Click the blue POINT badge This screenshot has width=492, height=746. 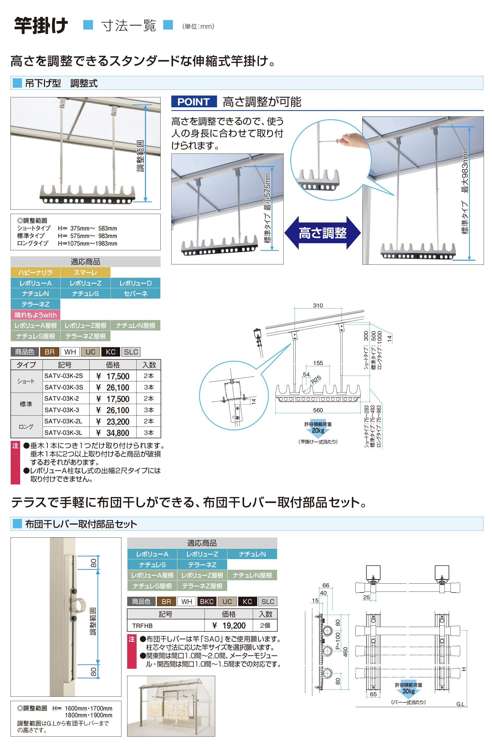coord(194,102)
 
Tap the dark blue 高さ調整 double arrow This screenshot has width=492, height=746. coord(322,233)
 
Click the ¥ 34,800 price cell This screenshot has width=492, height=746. coord(113,433)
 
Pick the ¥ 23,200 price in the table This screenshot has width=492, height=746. coord(113,422)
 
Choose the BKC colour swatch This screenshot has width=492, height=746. coord(207,601)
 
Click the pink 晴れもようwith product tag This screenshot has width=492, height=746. coord(36,315)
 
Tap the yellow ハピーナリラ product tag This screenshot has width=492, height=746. coord(36,272)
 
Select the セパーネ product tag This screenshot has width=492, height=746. coord(136,293)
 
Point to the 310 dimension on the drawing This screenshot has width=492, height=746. coord(318,305)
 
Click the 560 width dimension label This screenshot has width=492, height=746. coord(318,410)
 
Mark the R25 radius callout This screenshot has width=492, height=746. coord(316,380)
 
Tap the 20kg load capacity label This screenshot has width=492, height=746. coord(318,430)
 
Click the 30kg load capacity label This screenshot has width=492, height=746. coord(408,691)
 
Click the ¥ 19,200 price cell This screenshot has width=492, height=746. coord(229,626)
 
